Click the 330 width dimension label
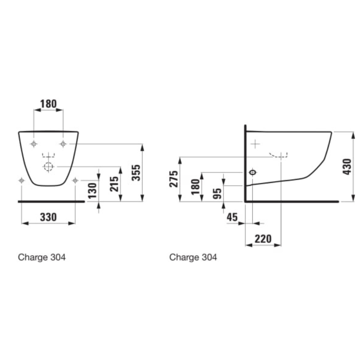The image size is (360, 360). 48,217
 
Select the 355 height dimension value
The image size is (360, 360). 136,173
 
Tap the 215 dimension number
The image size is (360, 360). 114,184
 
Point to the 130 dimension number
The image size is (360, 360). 93,190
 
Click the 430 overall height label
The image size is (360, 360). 347,167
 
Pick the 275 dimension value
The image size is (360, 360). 174,179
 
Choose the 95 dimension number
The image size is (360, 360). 217,193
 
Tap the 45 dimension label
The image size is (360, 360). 232,217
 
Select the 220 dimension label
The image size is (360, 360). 263,239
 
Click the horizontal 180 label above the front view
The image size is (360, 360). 49,104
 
